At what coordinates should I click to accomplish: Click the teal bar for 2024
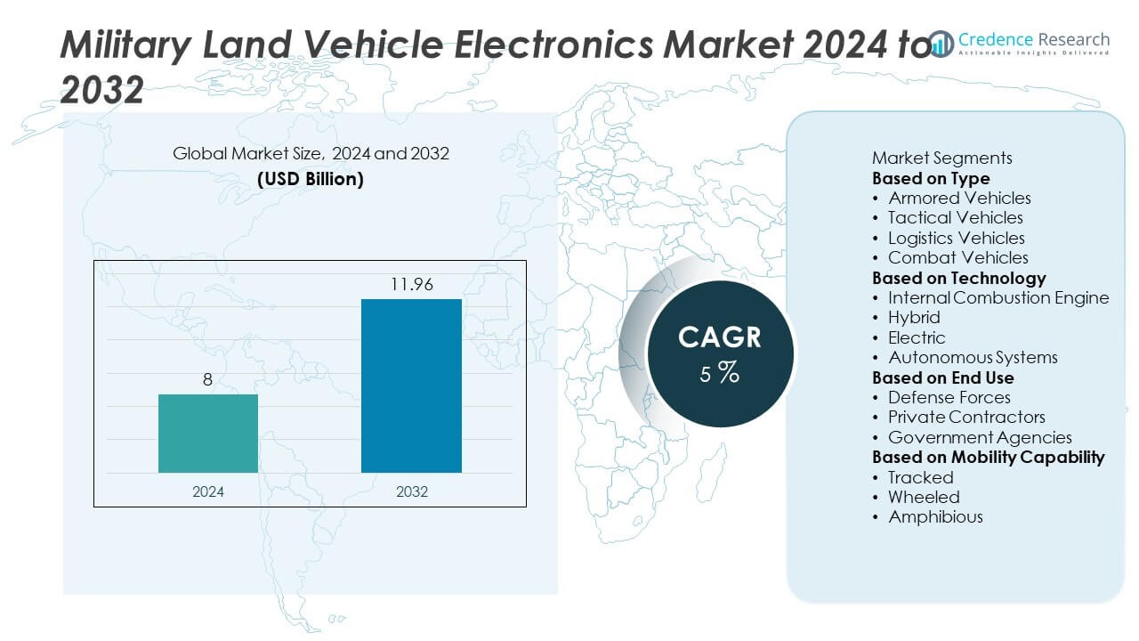(x=208, y=434)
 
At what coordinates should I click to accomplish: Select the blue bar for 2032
(x=411, y=385)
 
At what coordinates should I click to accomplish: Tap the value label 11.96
(x=411, y=286)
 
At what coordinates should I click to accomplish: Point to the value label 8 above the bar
(x=208, y=380)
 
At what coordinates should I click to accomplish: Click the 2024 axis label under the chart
(x=208, y=491)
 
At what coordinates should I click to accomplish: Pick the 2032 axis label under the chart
(x=411, y=491)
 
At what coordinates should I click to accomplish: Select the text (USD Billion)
(x=311, y=178)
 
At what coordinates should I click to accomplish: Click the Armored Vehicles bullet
(x=959, y=198)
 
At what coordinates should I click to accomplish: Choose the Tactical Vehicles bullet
(x=955, y=217)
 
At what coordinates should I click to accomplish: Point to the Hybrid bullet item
(x=914, y=317)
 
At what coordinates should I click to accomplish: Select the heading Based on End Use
(x=942, y=377)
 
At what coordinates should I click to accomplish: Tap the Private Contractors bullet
(x=966, y=417)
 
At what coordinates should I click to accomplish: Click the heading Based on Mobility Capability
(x=988, y=457)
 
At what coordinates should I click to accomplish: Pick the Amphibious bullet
(x=935, y=516)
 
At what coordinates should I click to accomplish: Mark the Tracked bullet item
(x=920, y=477)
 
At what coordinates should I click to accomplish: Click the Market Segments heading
(x=941, y=158)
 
